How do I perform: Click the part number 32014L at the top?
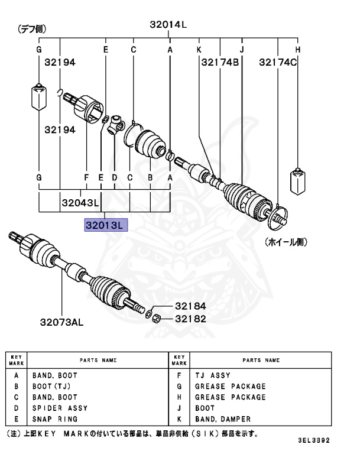click(x=168, y=24)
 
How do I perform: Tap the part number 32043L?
click(x=79, y=203)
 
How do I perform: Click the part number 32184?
click(x=190, y=306)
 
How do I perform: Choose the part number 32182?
click(x=190, y=318)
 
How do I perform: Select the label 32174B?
click(x=220, y=61)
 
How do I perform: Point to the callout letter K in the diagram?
click(x=199, y=50)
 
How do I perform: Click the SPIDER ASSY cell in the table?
click(x=59, y=408)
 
